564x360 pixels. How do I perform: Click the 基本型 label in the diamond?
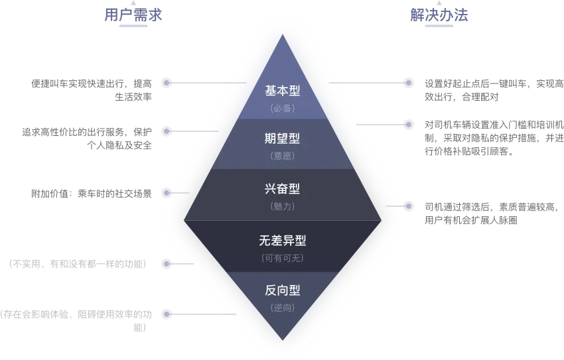(283, 90)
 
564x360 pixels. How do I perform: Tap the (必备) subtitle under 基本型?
(283, 108)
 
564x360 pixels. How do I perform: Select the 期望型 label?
(283, 139)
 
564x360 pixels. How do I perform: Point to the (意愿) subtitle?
(283, 156)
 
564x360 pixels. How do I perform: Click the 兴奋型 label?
(283, 189)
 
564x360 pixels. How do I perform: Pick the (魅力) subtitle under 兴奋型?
(283, 207)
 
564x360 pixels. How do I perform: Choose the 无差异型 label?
(283, 240)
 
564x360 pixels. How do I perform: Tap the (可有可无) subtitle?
(283, 257)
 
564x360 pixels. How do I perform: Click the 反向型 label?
(283, 290)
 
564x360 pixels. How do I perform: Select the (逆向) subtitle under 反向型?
(283, 308)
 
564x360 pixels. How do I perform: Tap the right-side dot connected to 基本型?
(409, 83)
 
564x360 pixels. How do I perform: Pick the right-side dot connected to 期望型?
(409, 124)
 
